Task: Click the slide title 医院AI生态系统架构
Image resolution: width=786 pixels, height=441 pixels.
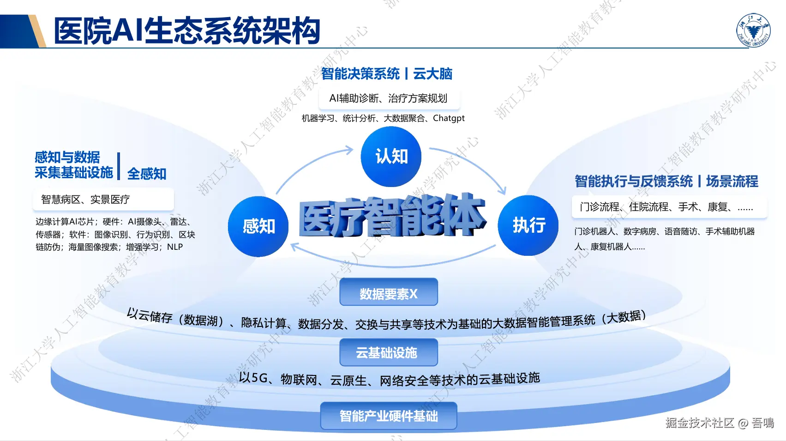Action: coord(187,31)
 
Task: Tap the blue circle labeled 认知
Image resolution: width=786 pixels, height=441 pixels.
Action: coord(391,157)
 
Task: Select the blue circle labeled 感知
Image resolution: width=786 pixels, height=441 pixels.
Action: coord(258,226)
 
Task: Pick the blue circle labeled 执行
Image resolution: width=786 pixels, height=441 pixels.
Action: coord(528,225)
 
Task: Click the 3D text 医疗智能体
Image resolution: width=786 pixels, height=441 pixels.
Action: coord(392,216)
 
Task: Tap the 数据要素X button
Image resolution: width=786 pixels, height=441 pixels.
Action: coord(389,292)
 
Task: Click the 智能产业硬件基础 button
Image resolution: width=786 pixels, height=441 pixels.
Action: coord(389,416)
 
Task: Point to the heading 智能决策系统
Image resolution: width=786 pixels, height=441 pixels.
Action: coord(360,74)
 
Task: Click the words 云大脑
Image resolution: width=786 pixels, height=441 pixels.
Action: coord(433,74)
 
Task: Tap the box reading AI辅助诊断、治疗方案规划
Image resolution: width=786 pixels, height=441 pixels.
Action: coord(389,98)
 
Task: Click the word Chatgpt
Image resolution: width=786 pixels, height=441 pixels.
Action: coord(449,118)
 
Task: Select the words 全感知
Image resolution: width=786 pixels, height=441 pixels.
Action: coord(147,174)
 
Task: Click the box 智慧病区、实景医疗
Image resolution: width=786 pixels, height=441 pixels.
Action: coord(103,199)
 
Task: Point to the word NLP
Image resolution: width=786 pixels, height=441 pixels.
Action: coord(175,247)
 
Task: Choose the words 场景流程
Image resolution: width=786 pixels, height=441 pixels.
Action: coord(732,181)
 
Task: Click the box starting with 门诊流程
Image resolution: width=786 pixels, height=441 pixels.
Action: coord(669,207)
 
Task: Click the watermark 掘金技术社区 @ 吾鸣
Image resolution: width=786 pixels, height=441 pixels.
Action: coord(719,423)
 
